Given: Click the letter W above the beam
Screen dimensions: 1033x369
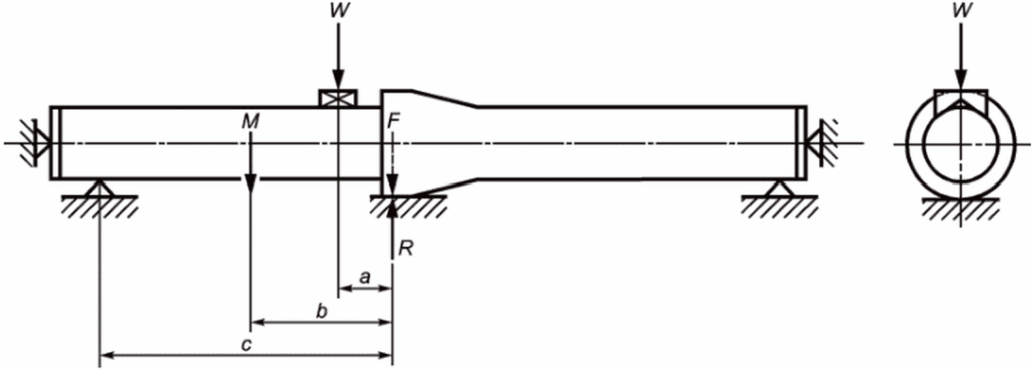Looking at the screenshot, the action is click(x=337, y=12).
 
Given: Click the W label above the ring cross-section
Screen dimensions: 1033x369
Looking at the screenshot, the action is click(x=961, y=12).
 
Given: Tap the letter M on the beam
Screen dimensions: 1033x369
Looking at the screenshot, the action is click(x=250, y=121).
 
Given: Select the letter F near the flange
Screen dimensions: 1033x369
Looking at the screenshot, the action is click(x=394, y=121).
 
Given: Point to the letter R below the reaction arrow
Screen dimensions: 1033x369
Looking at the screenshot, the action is click(x=406, y=250).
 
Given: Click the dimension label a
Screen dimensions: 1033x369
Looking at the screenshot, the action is click(x=365, y=277).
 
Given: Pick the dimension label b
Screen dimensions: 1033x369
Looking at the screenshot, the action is click(x=322, y=311).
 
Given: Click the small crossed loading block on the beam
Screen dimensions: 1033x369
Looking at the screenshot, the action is click(x=337, y=98).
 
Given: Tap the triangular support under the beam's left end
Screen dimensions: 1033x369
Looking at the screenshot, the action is click(x=99, y=188).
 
